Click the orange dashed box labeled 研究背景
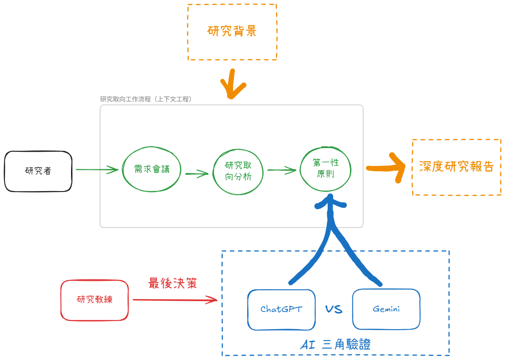[x=232, y=32]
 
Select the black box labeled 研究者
[x=38, y=171]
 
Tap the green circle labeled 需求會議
[x=152, y=169]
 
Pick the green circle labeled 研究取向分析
[x=238, y=171]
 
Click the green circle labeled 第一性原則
[x=326, y=168]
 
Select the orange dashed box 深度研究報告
[x=456, y=167]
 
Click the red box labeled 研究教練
[x=95, y=300]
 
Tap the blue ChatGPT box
[x=281, y=309]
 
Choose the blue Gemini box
[x=386, y=309]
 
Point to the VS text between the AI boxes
[x=333, y=310]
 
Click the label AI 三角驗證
[x=335, y=345]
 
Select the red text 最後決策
[x=172, y=283]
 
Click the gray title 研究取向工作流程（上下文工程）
[x=146, y=99]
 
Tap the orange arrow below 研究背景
[x=233, y=85]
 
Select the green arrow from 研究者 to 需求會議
[x=97, y=170]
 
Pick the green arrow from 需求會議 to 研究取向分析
[x=197, y=173]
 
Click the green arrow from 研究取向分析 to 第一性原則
[x=282, y=170]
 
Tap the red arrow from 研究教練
[x=175, y=299]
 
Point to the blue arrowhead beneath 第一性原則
[x=330, y=202]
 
